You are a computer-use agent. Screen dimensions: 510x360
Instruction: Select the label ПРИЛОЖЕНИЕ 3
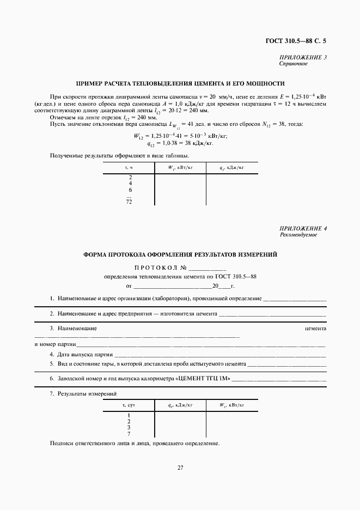coord(303,58)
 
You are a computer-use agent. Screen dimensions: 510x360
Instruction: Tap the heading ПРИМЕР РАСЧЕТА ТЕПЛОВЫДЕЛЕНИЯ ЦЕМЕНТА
coord(180,83)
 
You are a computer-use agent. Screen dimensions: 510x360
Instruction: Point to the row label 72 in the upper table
coord(130,202)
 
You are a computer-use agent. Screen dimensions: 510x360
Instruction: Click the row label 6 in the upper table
coord(130,190)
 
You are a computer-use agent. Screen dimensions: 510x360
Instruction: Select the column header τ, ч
coord(130,168)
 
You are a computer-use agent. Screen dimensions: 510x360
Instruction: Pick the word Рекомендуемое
coord(297,235)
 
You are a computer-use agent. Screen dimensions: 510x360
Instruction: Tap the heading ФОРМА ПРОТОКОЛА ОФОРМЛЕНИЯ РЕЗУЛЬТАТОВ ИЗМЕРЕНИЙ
coord(180,254)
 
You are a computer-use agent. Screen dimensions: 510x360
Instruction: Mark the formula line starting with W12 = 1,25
coord(180,136)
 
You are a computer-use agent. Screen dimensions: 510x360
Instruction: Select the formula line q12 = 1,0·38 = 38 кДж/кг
coord(180,144)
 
